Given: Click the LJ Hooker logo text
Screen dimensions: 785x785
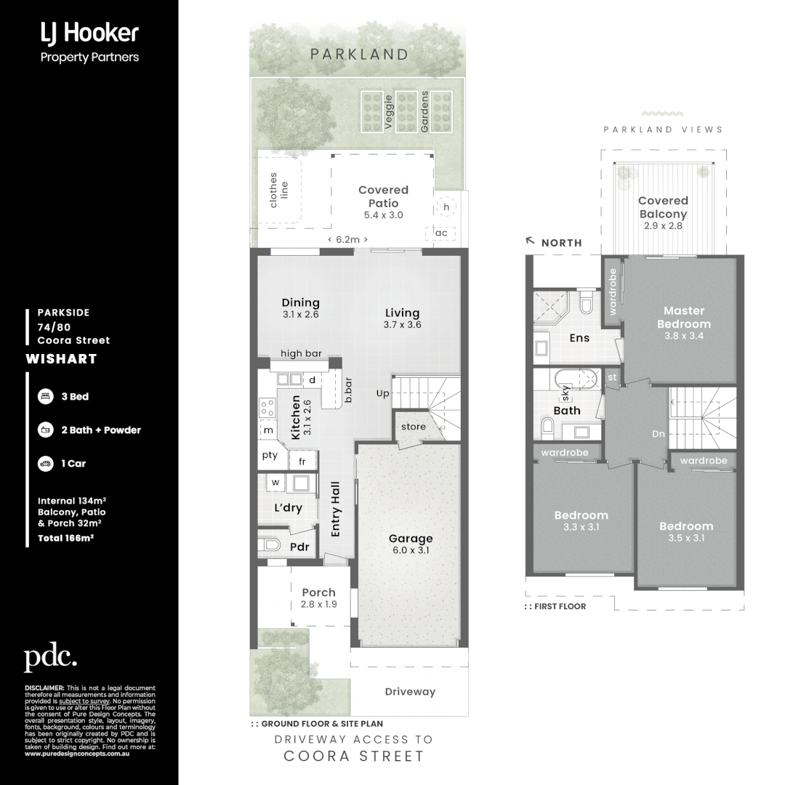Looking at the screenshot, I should pos(89,33).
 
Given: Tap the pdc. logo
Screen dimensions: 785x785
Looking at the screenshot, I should pos(50,658).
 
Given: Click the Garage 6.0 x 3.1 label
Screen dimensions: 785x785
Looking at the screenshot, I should pos(411,544).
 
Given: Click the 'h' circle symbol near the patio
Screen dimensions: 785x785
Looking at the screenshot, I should pos(446,207).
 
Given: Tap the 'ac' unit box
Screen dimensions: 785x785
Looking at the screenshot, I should pos(440,233).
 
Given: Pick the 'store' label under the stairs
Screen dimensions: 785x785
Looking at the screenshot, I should pos(414,427).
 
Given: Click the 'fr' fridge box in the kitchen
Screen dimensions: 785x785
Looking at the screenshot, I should pos(302,461).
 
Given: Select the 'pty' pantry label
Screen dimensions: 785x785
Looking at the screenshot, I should pos(270,456).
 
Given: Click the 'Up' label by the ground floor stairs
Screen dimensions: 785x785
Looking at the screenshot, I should pos(382,393).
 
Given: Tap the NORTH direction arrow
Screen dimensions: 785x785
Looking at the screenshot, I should pos(531,240).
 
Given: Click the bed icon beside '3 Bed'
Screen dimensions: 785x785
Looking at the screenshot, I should pos(44,397).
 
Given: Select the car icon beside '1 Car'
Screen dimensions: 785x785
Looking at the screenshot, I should pos(44,463).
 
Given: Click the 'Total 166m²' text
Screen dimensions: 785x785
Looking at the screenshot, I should pos(65,539).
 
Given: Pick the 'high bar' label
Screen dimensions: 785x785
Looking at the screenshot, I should pos(301,354).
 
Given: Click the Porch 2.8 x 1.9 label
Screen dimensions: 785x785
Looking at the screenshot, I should pos(318,598).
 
